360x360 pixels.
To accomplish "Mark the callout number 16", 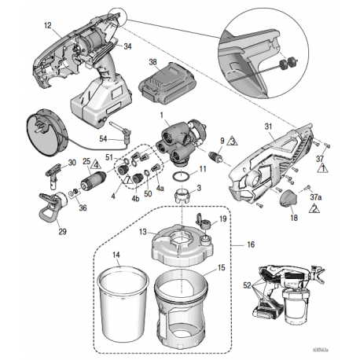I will coord(252,244).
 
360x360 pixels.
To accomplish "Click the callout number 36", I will coord(83,208).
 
